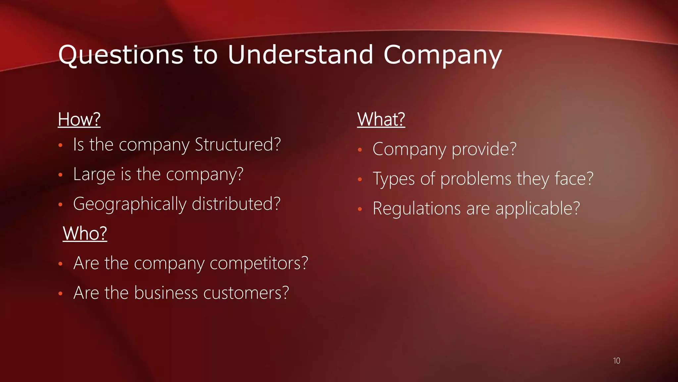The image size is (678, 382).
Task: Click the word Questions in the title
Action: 121,55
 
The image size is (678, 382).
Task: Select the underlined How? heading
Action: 79,119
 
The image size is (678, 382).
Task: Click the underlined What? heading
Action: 381,119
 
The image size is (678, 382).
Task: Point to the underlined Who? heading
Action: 85,233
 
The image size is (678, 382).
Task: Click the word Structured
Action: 238,145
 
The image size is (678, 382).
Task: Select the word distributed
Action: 236,204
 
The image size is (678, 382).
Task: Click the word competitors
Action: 259,263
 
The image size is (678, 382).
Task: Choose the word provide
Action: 484,149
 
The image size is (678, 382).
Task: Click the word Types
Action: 394,179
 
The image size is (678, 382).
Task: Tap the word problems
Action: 476,179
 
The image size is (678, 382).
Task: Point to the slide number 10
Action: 616,361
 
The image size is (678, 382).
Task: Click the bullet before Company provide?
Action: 360,150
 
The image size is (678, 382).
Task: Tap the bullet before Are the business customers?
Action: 60,293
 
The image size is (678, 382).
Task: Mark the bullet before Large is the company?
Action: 60,175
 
